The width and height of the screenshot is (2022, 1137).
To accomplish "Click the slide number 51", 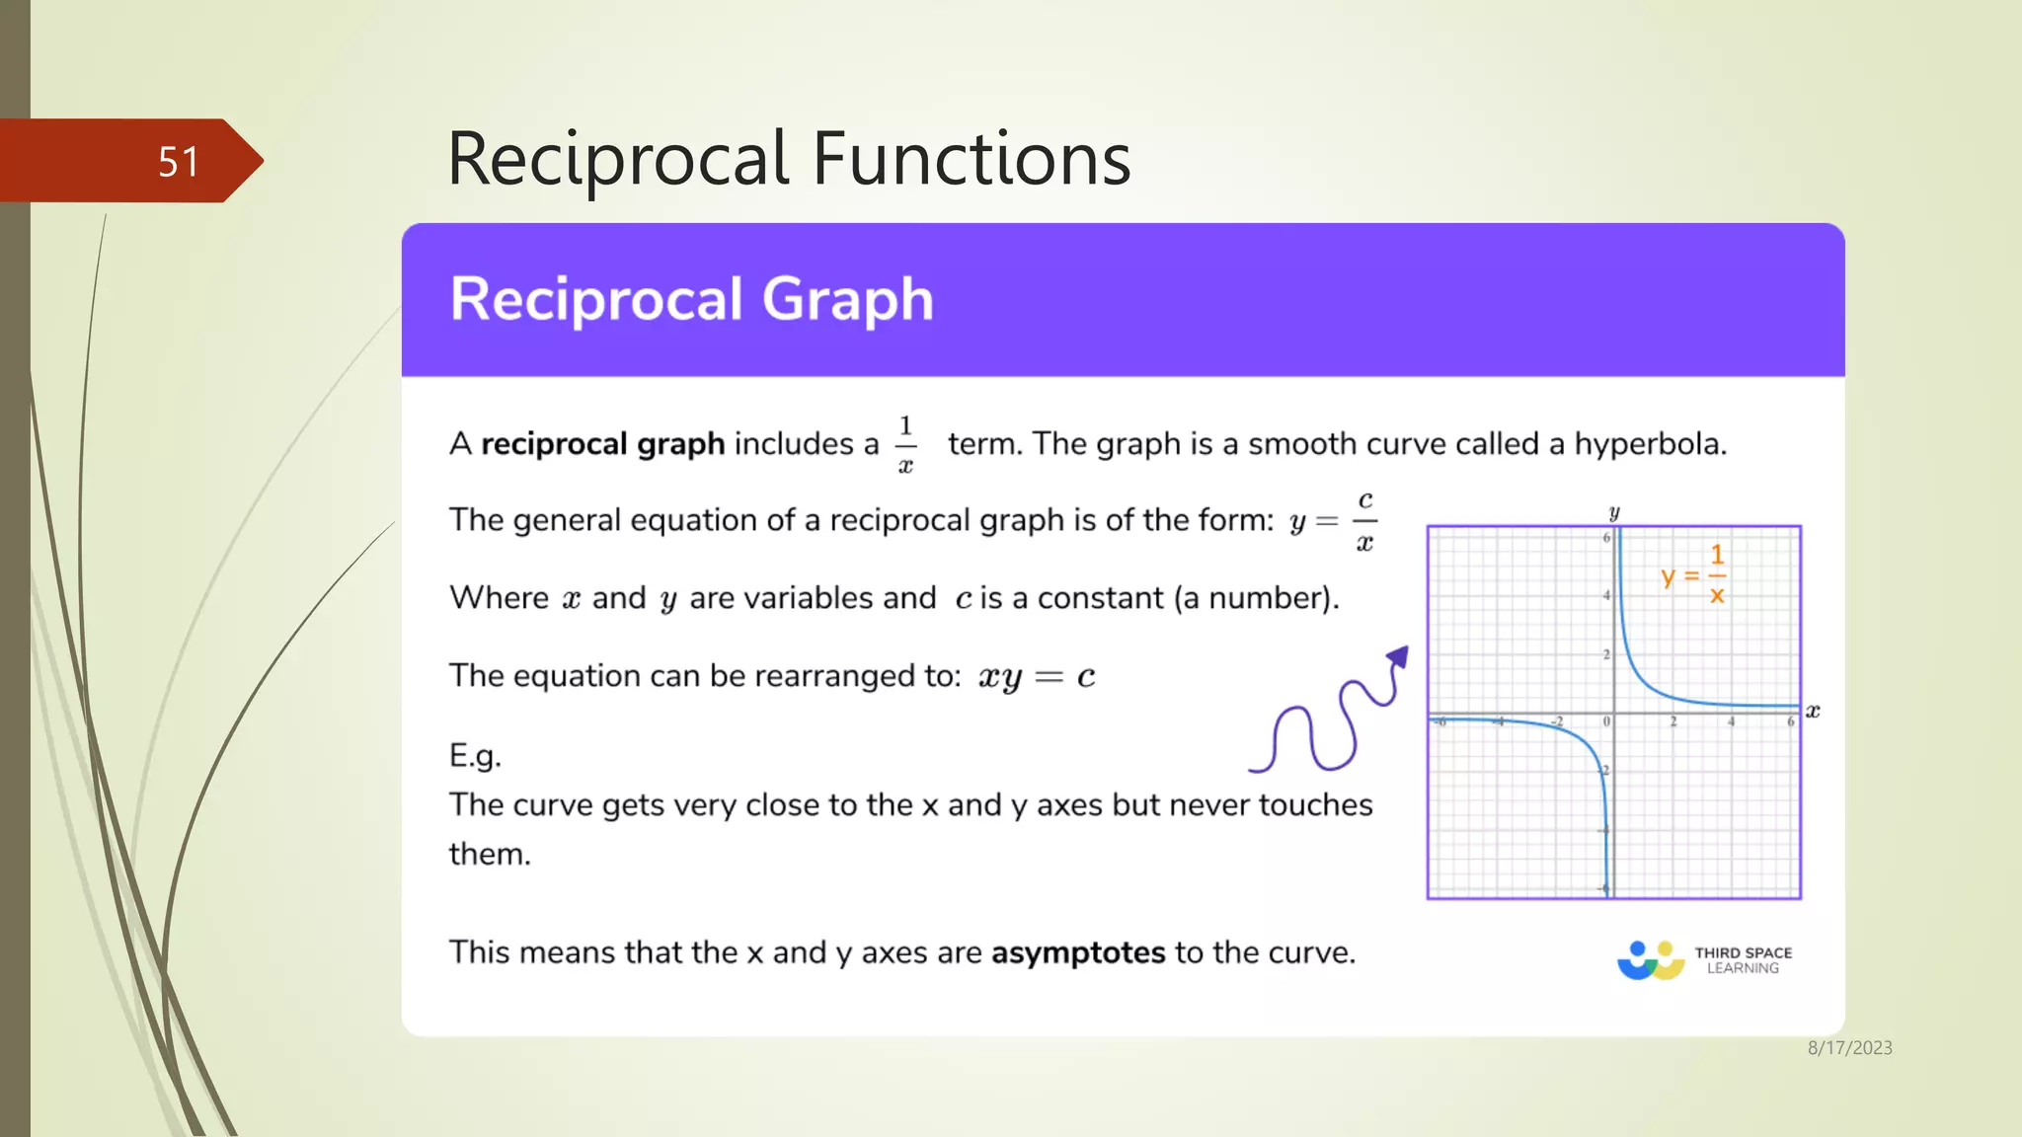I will coord(179,162).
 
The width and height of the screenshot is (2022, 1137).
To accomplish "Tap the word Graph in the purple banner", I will coord(847,299).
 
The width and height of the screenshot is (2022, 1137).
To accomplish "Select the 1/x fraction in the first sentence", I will coord(905,444).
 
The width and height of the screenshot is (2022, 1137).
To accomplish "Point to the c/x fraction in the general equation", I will coord(1364,521).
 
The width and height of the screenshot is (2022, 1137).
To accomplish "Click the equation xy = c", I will coord(1036,677).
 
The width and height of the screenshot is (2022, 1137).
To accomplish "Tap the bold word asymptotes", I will coord(1078,952).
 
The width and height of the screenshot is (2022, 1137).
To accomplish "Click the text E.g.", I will coord(475,756).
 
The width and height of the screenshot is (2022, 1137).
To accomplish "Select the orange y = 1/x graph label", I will coord(1694,574).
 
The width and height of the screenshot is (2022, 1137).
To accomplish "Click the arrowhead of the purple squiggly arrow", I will coord(1398,657).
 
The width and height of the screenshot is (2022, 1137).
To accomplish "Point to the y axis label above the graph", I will coord(1614,512).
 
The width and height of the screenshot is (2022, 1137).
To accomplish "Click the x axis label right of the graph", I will coord(1813,711).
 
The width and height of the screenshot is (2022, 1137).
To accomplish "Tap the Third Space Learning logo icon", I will coord(1651,959).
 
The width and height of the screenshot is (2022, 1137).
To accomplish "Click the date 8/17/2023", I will coord(1849,1048).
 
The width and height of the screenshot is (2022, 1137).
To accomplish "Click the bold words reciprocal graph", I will coord(602,444).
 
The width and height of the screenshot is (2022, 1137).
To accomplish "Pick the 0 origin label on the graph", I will coord(1606,722).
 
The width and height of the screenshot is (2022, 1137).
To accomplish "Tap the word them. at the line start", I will coord(490,854).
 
